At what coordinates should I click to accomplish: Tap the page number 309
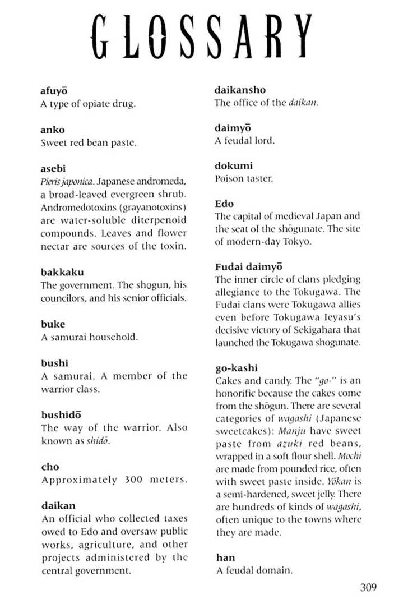[x=368, y=587]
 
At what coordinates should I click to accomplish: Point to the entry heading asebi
[x=53, y=168]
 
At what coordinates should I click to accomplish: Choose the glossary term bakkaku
[x=62, y=272]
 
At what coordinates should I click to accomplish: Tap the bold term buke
[x=53, y=324]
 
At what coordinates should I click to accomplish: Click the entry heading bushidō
[x=61, y=415]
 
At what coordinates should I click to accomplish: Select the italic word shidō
[x=98, y=441]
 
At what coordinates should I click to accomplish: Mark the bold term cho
[x=50, y=467]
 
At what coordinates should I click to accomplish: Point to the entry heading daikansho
[x=240, y=90]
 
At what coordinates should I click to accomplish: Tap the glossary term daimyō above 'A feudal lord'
[x=233, y=128]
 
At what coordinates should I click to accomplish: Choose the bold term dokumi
[x=233, y=166]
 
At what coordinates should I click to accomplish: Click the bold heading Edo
[x=224, y=204]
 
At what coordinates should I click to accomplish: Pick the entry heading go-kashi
[x=236, y=368]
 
